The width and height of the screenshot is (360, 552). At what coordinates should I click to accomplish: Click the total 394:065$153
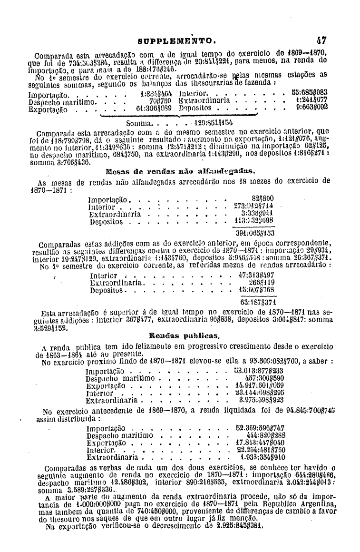255,233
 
